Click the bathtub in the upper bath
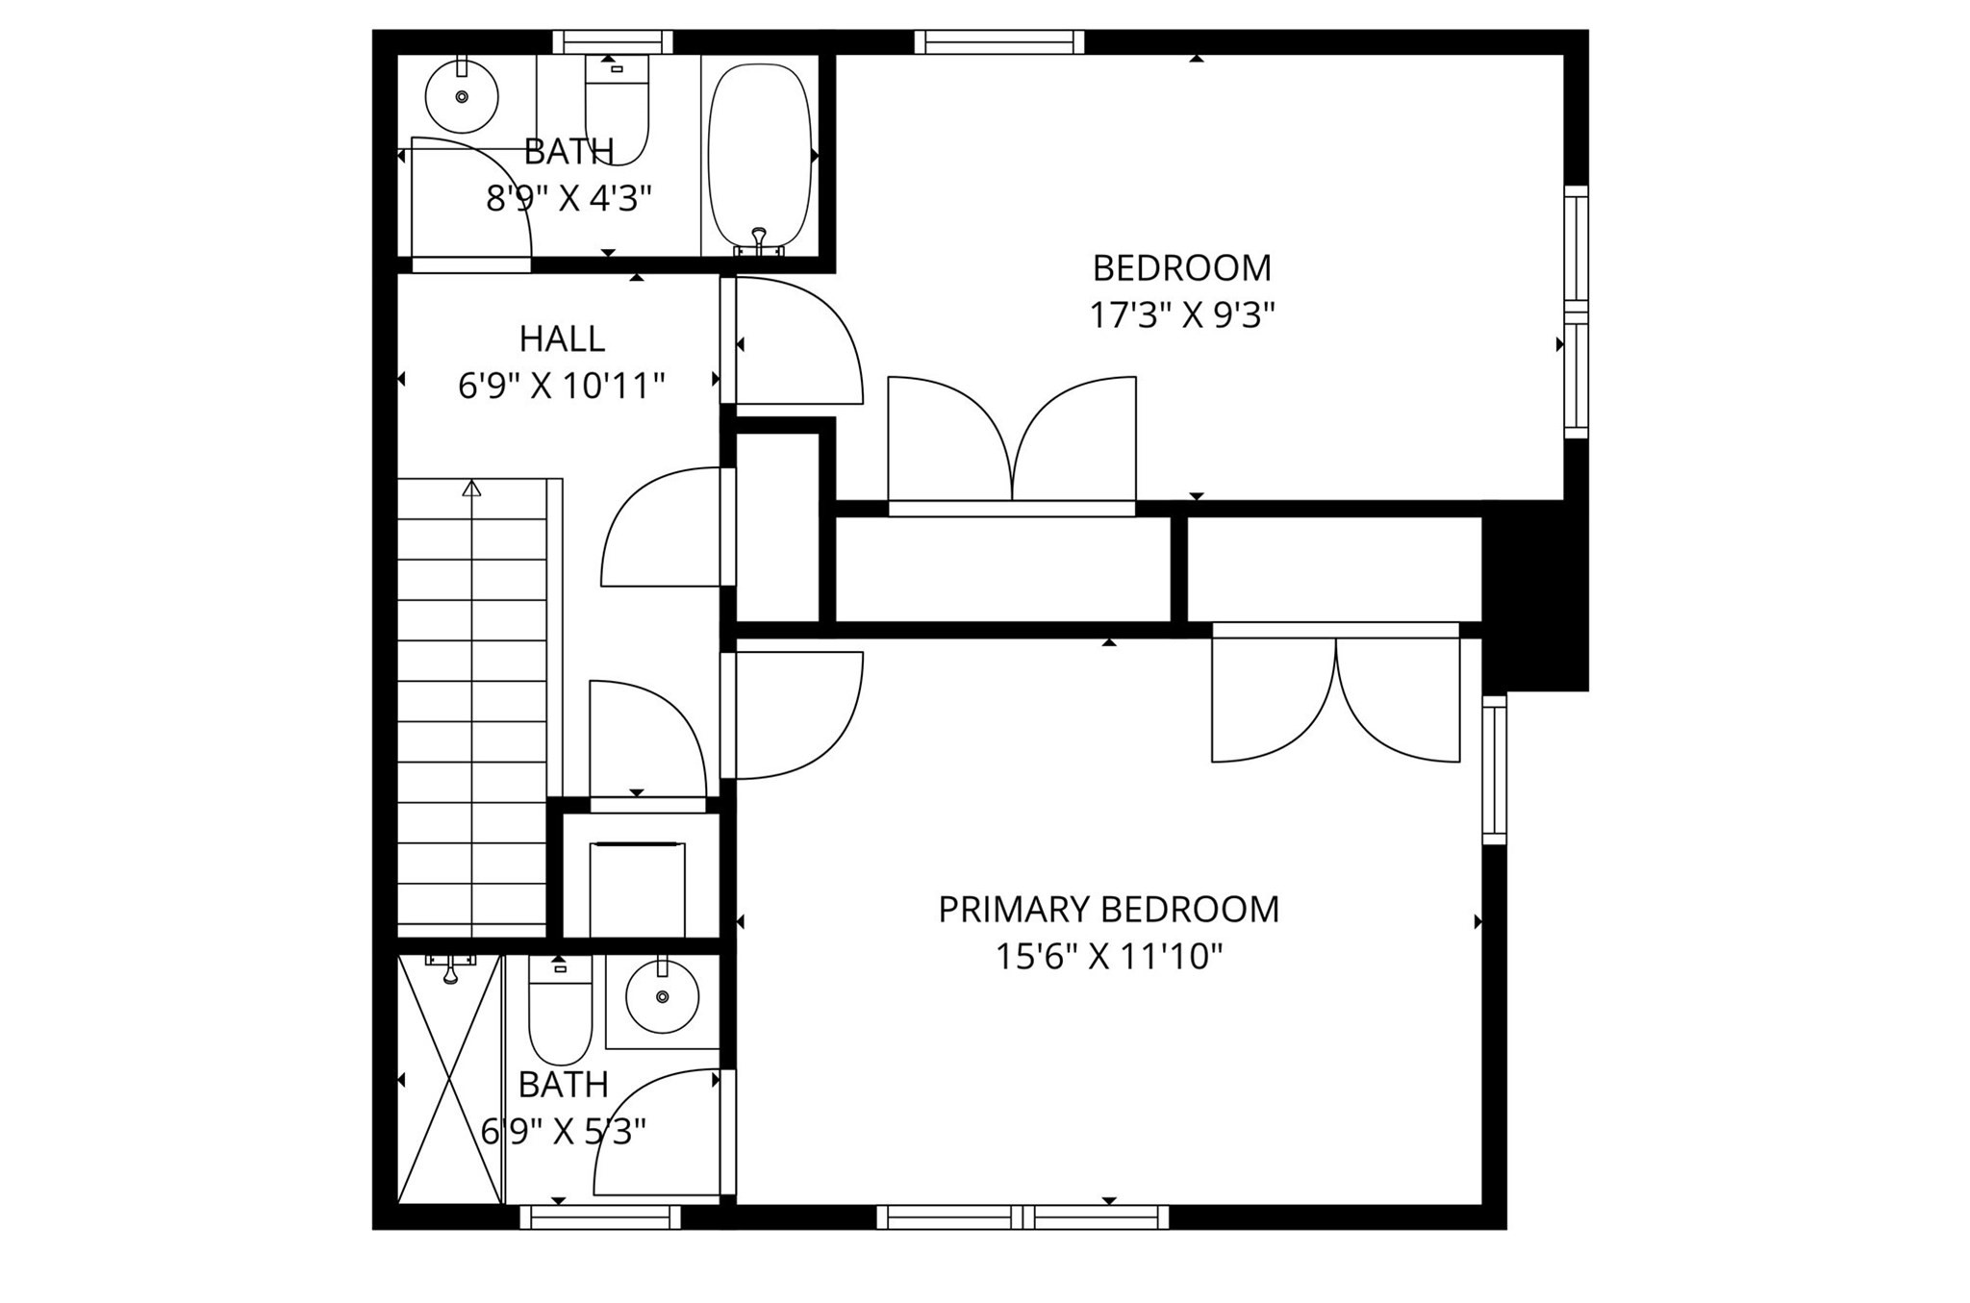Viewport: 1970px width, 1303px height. click(759, 154)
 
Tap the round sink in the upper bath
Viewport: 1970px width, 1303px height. click(462, 96)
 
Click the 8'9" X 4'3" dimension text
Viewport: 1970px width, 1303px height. click(568, 199)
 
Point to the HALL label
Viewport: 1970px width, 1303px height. click(562, 339)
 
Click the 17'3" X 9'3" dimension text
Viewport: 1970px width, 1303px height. click(1181, 315)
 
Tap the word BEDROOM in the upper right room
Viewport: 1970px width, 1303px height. click(1181, 268)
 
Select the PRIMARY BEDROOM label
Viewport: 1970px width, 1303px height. click(1108, 910)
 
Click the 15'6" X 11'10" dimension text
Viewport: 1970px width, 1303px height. click(1108, 957)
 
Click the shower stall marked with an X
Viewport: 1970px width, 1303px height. click(450, 1079)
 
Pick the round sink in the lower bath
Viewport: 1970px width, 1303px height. click(662, 997)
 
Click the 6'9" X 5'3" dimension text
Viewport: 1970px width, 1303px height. click(563, 1132)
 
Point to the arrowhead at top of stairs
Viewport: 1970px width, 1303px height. click(471, 489)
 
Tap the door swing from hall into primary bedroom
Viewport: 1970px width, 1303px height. click(794, 715)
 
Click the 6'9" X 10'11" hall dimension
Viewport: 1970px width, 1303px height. click(562, 387)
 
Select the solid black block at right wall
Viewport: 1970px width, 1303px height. click(1535, 596)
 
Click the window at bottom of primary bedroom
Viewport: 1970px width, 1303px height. click(1023, 1217)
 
